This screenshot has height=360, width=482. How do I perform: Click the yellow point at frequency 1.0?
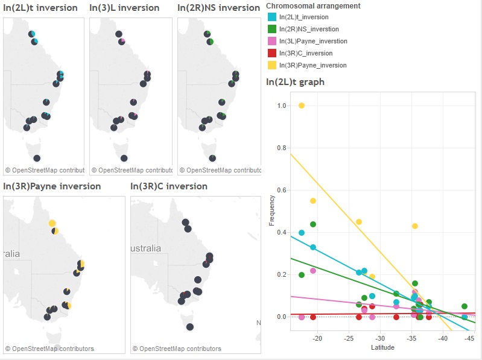302,106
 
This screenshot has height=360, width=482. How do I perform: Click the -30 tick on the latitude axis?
380,339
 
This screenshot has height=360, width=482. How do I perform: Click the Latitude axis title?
382,348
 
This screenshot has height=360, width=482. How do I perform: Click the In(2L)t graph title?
296,82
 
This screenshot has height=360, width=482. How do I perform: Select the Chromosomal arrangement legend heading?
313,6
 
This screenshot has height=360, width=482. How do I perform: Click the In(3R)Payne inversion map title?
52,186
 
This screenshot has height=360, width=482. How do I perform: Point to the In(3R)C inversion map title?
169,186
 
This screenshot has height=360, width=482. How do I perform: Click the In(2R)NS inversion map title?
218,8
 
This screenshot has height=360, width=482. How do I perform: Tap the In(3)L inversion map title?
124,8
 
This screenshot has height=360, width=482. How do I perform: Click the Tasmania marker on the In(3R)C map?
190,327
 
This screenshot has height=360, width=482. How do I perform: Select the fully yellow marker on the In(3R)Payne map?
52,223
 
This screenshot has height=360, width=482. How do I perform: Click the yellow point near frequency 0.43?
415,226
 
